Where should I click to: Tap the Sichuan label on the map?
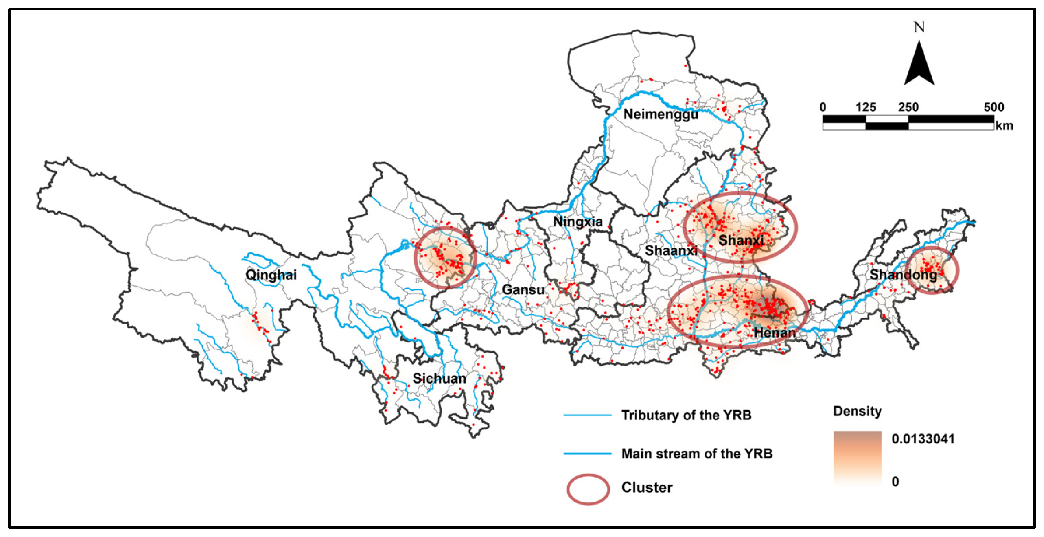439,378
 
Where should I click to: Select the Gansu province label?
523,290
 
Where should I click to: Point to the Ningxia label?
578,222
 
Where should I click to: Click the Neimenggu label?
661,114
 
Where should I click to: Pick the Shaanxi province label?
671,250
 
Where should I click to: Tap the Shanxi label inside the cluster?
741,240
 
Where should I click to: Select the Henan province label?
774,333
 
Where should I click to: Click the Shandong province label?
903,275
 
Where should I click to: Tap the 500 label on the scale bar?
993,108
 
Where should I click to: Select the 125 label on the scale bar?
866,108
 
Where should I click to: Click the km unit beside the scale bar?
1004,126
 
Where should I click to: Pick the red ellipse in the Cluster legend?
588,489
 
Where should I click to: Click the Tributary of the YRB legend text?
686,415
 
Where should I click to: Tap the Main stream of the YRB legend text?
697,454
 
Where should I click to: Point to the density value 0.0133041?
923,439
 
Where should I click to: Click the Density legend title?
857,411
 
